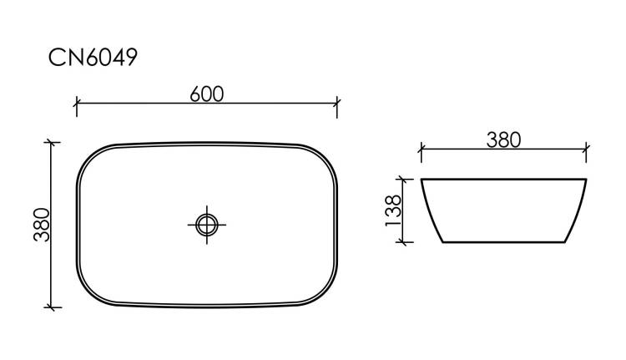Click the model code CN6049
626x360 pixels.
coord(93,57)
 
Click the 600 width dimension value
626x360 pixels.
coord(207,94)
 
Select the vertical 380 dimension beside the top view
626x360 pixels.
coord(42,225)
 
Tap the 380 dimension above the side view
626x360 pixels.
coord(503,139)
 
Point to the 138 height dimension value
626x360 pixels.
coord(393,210)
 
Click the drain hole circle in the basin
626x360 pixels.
coord(207,225)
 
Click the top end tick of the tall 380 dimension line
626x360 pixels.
coord(51,142)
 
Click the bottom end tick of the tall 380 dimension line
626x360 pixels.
coord(51,307)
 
